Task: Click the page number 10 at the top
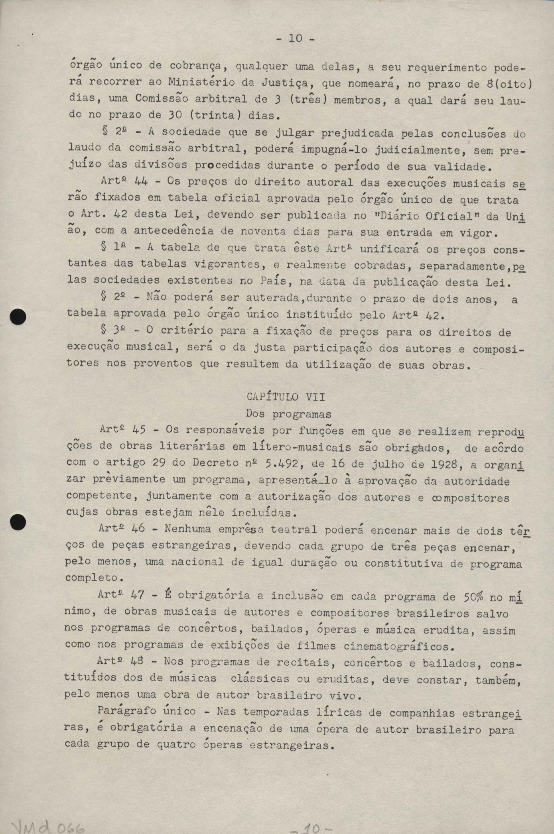tap(296, 38)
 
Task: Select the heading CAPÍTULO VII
tap(285, 397)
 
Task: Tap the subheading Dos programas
tap(288, 414)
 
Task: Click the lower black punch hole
tap(18, 521)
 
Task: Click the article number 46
tap(138, 529)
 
